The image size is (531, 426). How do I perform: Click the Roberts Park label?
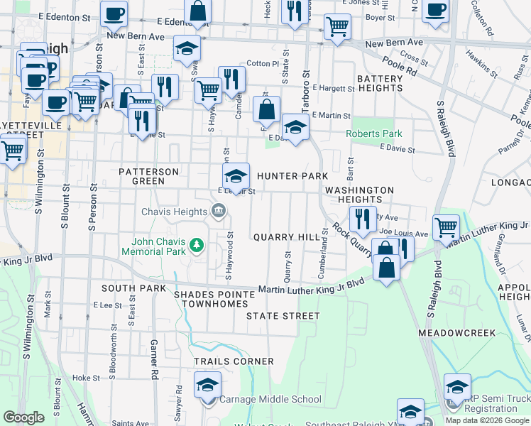[373, 133]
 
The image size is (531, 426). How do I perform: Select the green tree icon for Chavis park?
[197, 246]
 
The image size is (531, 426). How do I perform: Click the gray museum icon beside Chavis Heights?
[219, 210]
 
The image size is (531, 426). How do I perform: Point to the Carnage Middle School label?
[270, 400]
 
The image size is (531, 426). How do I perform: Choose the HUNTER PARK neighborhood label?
[292, 176]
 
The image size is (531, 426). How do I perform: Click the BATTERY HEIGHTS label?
[380, 83]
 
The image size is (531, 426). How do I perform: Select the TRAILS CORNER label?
[234, 361]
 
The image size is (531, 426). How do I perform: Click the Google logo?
[23, 417]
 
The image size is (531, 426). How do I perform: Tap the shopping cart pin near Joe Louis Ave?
[446, 227]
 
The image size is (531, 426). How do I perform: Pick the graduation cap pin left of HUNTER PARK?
[236, 175]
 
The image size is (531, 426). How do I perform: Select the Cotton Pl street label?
[263, 64]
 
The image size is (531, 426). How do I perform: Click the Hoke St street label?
[86, 378]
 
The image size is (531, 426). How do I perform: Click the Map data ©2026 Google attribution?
[487, 420]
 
